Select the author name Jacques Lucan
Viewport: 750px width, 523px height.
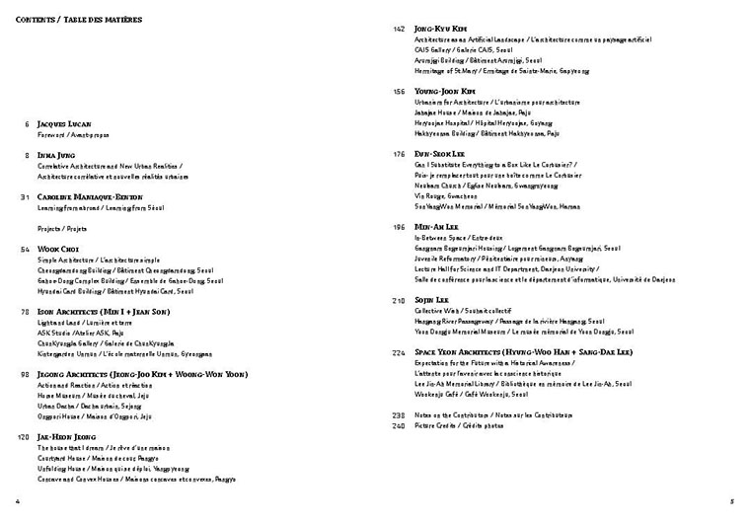coord(65,124)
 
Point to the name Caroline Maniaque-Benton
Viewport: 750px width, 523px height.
coord(88,197)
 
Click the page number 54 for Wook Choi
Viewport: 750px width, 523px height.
coord(25,250)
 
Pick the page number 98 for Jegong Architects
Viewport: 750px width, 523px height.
coord(25,374)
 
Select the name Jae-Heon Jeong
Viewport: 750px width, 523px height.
coord(67,436)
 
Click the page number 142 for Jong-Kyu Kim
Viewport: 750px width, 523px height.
coord(399,29)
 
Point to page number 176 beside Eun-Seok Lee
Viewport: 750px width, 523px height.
coord(399,154)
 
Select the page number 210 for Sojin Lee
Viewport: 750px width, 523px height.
coord(399,299)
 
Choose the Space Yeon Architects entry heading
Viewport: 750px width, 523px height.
coord(524,351)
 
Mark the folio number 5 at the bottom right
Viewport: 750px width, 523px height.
coord(731,501)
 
